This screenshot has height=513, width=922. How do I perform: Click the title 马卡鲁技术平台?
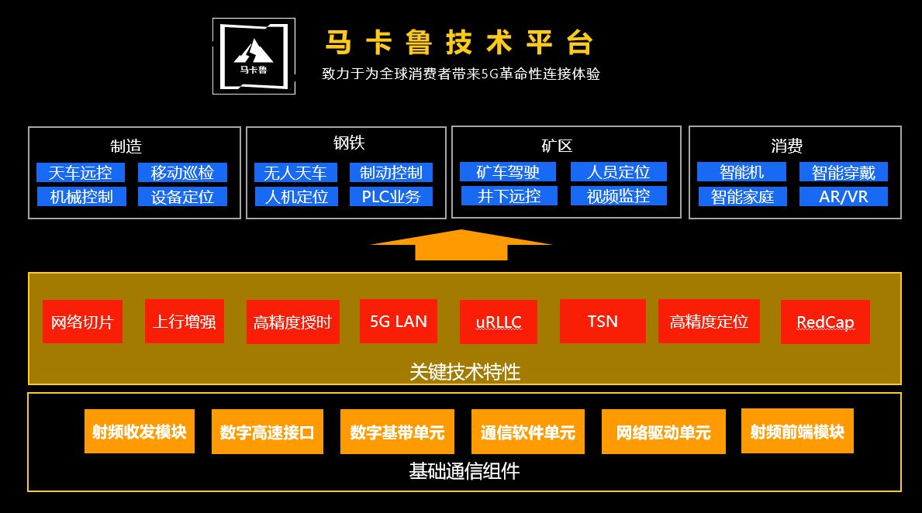point(459,43)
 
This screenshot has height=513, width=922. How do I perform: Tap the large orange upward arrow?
point(461,244)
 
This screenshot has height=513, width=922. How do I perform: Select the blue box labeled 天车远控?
point(81,172)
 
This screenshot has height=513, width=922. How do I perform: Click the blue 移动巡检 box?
point(182,172)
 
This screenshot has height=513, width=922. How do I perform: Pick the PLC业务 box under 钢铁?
point(391,197)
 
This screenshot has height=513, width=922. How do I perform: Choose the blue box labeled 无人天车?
point(295,172)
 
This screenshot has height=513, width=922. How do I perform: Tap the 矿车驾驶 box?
point(508,171)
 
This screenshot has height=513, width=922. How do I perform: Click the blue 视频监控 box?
point(618,196)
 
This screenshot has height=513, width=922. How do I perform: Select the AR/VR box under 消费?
point(844,197)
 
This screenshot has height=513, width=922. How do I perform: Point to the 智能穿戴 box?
point(844,172)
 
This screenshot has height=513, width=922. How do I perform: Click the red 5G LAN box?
point(399,321)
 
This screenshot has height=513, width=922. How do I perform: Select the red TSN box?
point(603,321)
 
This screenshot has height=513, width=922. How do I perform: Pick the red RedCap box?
point(825,322)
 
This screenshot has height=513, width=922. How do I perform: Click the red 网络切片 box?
point(82,322)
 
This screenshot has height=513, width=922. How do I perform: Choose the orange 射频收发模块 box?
point(139,431)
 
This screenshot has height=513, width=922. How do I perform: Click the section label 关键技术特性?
point(464,372)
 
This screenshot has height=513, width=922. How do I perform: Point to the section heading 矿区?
point(557,146)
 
